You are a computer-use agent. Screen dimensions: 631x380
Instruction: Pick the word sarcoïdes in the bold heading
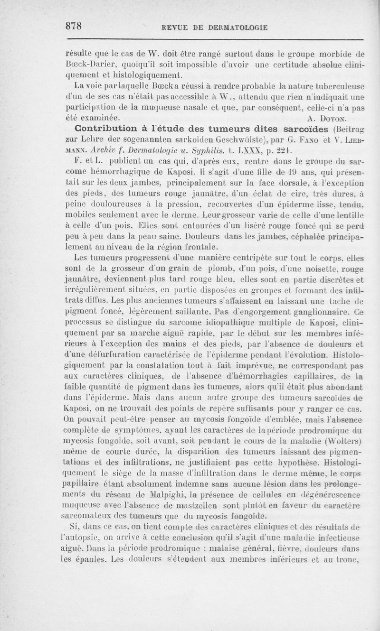tap(304, 129)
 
